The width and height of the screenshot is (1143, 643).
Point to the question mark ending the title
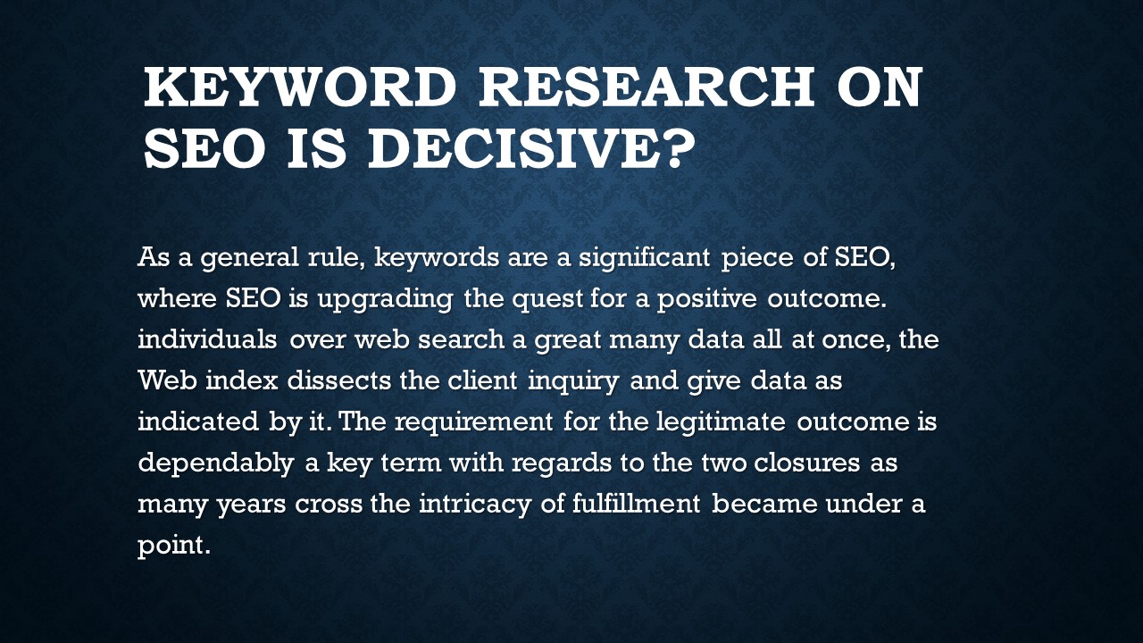678,147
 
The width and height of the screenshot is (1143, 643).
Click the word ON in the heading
875,88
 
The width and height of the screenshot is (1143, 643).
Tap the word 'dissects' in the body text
344,381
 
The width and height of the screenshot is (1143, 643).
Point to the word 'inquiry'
571,381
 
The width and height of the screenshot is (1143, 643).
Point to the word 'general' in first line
249,258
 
